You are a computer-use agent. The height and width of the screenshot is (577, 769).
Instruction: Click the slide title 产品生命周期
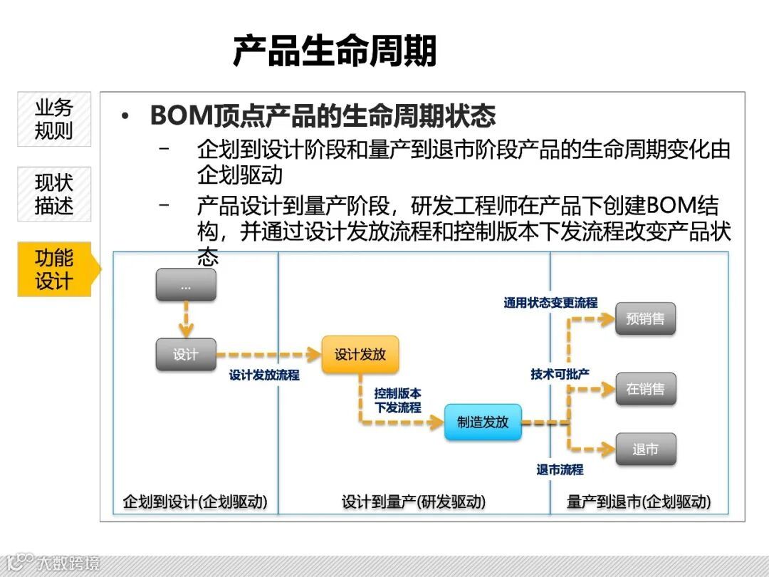coord(335,51)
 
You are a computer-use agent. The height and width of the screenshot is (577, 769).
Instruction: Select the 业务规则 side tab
coord(54,119)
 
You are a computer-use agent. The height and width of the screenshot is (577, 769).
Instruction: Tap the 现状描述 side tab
coord(54,194)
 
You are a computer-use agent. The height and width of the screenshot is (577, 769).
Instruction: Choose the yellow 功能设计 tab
coord(54,269)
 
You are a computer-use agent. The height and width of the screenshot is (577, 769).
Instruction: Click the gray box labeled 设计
coord(186,354)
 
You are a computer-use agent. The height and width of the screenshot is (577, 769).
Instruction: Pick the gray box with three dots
coord(186,285)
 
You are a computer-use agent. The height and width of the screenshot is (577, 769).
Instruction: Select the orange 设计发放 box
coord(360,354)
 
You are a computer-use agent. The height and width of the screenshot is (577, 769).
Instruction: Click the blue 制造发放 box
coord(483,422)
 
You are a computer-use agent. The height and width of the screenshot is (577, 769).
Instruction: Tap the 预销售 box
coord(645,318)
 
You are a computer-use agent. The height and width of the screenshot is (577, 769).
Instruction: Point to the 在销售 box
coord(645,389)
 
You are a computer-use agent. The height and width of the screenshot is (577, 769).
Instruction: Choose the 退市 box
coord(645,449)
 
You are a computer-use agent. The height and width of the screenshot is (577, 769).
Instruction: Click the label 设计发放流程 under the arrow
coord(264,375)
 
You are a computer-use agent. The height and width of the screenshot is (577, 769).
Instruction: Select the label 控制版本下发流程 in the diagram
coord(398,400)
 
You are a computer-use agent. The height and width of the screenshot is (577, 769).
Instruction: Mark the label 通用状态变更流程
coord(550,303)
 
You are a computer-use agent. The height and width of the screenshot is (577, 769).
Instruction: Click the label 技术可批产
coord(560,374)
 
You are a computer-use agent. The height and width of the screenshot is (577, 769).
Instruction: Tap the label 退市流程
coord(560,469)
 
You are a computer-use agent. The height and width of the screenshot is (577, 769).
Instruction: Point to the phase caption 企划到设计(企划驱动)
coord(195,501)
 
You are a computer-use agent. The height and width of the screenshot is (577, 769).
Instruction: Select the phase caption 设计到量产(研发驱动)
coord(414,501)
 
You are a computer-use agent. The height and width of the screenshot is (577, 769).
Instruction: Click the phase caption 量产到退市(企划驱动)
coord(639,501)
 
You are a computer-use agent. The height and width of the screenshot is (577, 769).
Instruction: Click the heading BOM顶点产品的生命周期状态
coord(323,115)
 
